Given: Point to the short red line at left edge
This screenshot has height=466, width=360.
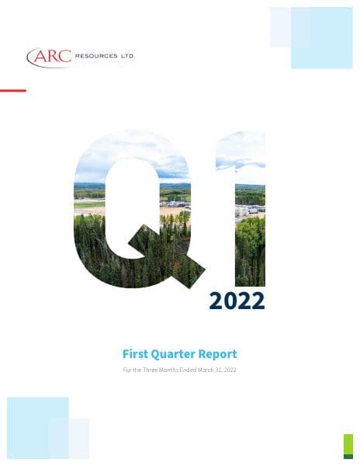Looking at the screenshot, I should click(x=12, y=91).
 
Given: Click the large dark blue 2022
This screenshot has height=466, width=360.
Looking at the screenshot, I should click(x=237, y=300).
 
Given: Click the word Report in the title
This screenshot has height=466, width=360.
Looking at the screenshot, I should click(x=220, y=354).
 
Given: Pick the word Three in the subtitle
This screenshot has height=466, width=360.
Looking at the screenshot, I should click(x=150, y=370).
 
